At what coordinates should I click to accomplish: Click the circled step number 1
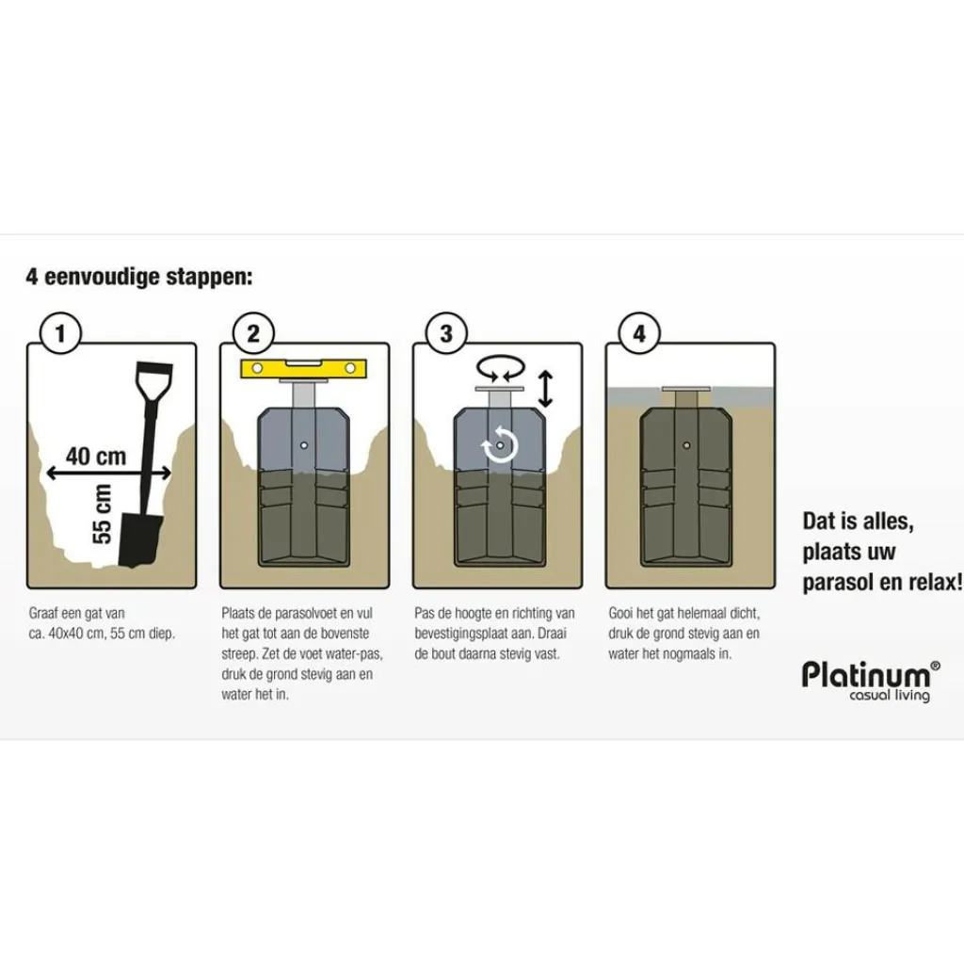tap(62, 333)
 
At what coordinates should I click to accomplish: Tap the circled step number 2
tap(253, 333)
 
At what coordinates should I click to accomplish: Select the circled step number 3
tap(446, 333)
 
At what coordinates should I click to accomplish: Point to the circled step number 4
tap(639, 333)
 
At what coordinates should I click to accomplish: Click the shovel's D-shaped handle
tap(153, 380)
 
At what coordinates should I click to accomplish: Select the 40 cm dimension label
tap(95, 456)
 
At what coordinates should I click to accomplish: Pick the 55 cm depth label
tap(102, 514)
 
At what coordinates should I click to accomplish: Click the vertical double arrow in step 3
tap(545, 388)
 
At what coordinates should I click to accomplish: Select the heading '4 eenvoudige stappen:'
tap(139, 278)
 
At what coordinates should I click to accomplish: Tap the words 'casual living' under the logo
tap(889, 697)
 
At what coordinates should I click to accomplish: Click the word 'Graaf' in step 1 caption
tap(43, 613)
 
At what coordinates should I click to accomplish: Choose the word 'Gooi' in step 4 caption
tap(621, 613)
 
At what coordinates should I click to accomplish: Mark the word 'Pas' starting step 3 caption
tap(425, 613)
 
